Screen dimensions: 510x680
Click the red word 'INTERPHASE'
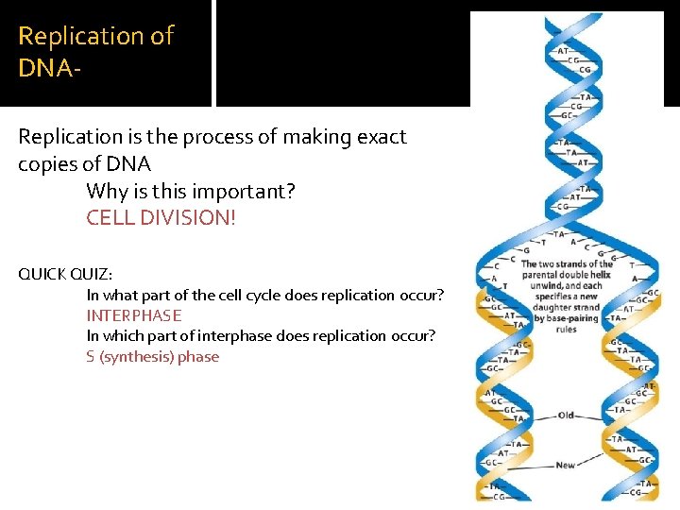[x=134, y=315]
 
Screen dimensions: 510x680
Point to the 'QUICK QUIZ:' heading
[x=65, y=274]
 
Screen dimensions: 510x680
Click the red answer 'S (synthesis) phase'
[x=153, y=356]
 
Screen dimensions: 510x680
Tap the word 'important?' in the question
[x=247, y=192]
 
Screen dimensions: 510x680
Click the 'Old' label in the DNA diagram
[x=566, y=416]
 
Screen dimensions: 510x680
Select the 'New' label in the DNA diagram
[x=566, y=465]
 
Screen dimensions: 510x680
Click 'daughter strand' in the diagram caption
[x=567, y=308]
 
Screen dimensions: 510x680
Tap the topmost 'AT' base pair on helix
[x=563, y=50]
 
